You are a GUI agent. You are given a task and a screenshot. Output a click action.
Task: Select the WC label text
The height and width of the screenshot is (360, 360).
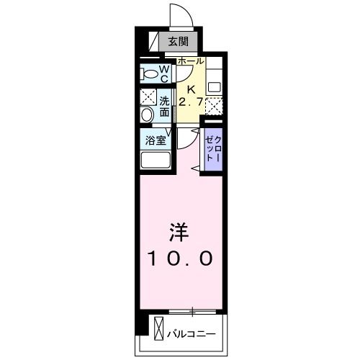pyautogui.click(x=164, y=73)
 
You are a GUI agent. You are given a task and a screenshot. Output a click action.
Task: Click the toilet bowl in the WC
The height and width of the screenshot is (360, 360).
pyautogui.click(x=150, y=73)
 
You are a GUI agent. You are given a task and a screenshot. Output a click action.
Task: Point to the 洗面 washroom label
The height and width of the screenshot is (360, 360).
pyautogui.click(x=164, y=107)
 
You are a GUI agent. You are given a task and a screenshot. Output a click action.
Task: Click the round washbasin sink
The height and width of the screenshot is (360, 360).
pyautogui.click(x=147, y=114)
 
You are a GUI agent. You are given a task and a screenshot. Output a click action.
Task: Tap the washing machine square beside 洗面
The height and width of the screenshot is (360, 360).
pyautogui.click(x=148, y=97)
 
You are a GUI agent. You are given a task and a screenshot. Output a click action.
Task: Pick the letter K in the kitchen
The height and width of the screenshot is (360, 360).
pyautogui.click(x=191, y=89)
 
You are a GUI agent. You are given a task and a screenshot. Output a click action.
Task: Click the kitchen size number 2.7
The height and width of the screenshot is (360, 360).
pyautogui.click(x=191, y=101)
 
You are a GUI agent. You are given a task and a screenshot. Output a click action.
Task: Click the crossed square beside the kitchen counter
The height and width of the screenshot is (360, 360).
pyautogui.click(x=214, y=105)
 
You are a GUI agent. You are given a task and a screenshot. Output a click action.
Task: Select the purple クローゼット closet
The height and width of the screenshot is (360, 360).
pyautogui.click(x=212, y=148)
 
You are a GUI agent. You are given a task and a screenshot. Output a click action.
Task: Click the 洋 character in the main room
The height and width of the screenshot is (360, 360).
pyautogui.click(x=179, y=232)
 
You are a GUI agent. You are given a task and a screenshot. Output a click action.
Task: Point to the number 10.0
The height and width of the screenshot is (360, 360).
pyautogui.click(x=180, y=258)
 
